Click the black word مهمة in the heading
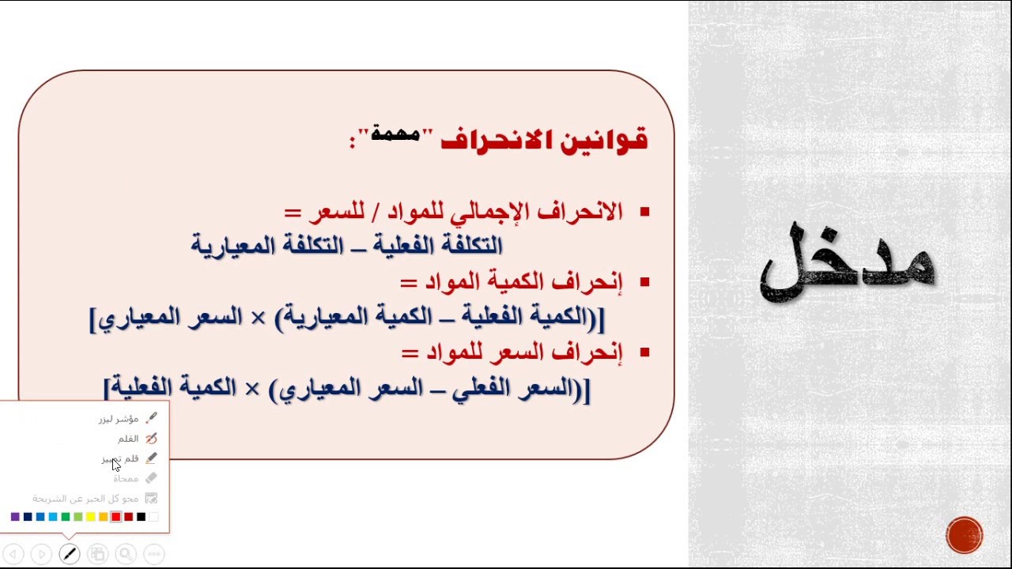[395, 134]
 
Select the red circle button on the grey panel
[964, 535]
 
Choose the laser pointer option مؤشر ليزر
[119, 419]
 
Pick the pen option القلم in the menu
[128, 439]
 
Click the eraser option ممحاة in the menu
[126, 478]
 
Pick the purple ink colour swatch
[15, 517]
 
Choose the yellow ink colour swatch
[91, 517]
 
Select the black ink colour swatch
[142, 517]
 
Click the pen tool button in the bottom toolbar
[70, 554]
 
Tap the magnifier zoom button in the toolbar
[126, 554]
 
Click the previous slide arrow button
[13, 554]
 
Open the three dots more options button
[154, 554]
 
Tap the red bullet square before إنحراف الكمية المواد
[644, 282]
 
